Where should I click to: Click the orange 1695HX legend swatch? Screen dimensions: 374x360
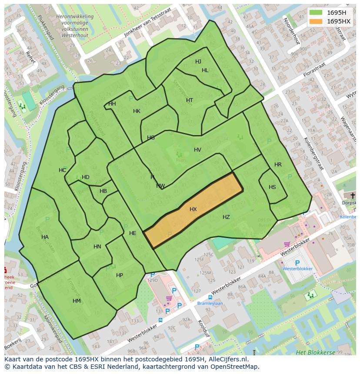click(x=316, y=21)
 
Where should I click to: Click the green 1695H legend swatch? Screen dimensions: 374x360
click(x=316, y=12)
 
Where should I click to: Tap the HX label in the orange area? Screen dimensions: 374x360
click(x=193, y=209)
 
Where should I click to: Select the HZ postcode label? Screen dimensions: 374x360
click(x=226, y=217)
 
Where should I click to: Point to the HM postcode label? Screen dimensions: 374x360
click(x=77, y=301)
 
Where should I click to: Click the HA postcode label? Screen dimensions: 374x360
click(x=45, y=237)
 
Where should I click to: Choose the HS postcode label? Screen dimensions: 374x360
click(x=272, y=187)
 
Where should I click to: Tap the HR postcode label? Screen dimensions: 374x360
click(x=278, y=165)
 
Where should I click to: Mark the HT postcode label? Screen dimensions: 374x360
click(x=190, y=100)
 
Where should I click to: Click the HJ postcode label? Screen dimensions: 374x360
click(x=198, y=62)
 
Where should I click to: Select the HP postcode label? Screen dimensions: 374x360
click(x=120, y=275)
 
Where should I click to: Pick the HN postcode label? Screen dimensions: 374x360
click(x=97, y=247)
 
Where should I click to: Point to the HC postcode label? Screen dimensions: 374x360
click(x=63, y=170)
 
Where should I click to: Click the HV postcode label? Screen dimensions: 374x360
click(x=197, y=150)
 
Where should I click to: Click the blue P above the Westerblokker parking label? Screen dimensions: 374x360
click(x=297, y=263)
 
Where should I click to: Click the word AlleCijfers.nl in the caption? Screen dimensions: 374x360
click(x=227, y=359)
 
